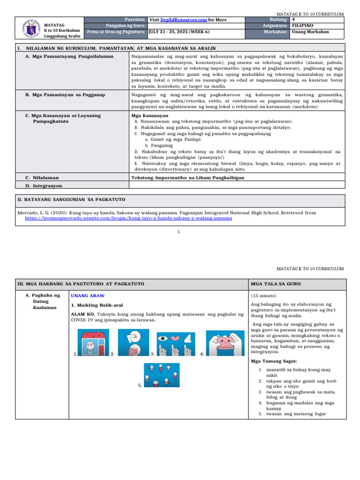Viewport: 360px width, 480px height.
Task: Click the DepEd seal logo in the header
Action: tap(29, 29)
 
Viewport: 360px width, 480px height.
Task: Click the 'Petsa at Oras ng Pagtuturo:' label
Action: tap(116, 32)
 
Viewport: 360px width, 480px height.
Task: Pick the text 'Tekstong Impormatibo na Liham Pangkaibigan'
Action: tap(187, 177)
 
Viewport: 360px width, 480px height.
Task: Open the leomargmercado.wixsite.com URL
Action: tap(128, 218)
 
